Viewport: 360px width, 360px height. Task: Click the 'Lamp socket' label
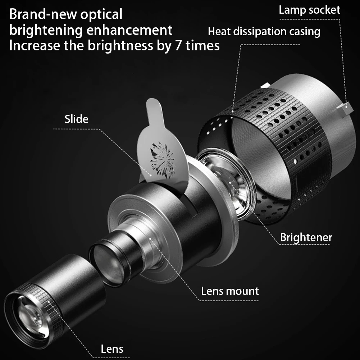pos(309,10)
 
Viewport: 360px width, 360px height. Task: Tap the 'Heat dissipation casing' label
pos(264,31)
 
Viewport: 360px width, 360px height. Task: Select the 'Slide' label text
pos(77,119)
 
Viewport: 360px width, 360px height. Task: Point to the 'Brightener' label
pos(306,237)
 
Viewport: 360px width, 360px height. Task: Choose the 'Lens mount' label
pos(230,291)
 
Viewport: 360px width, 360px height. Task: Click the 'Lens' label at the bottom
pos(112,349)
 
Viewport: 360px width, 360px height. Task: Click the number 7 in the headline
pos(178,46)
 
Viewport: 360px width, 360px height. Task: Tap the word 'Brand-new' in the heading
pos(43,14)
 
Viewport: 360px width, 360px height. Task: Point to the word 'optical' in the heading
pos(101,15)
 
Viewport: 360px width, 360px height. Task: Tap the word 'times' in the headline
pos(202,46)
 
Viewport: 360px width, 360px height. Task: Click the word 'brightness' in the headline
pos(120,46)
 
